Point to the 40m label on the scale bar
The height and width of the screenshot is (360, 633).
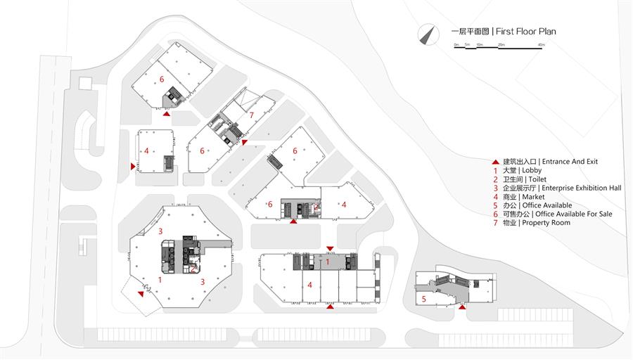[541, 45]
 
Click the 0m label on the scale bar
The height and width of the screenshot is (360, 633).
[456, 45]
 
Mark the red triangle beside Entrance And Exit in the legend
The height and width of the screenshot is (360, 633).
[495, 162]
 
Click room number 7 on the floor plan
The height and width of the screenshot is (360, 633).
[251, 115]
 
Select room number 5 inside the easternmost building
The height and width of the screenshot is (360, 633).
[423, 299]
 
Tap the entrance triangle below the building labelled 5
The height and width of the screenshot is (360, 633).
[462, 307]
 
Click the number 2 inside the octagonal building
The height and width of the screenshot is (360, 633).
[193, 268]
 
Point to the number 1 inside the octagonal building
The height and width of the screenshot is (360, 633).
[160, 280]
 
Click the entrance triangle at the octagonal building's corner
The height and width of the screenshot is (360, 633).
[141, 295]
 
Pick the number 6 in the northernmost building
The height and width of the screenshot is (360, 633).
[162, 79]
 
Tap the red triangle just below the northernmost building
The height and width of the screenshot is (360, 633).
[166, 113]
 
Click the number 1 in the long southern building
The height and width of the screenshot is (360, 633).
[327, 262]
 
